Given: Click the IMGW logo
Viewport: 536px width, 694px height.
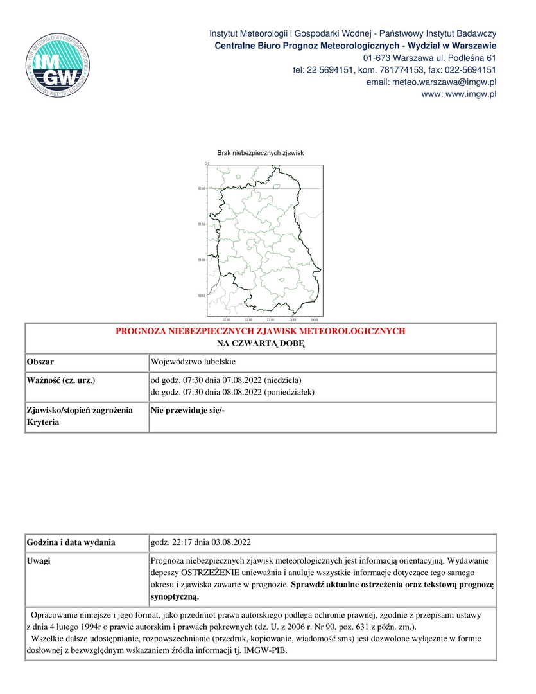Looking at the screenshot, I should pyautogui.click(x=55, y=66).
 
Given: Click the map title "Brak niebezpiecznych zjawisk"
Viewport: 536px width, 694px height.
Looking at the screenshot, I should pyautogui.click(x=260, y=153).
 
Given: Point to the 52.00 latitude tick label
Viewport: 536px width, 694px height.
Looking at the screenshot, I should pyautogui.click(x=202, y=188).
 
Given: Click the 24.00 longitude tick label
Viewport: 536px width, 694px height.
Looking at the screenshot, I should pyautogui.click(x=313, y=319).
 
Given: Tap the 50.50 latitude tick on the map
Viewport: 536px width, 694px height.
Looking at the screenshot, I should pyautogui.click(x=202, y=296).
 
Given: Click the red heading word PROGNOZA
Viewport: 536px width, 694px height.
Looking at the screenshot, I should pyautogui.click(x=142, y=332).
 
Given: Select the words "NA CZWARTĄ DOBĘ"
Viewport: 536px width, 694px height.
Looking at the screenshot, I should pyautogui.click(x=260, y=344).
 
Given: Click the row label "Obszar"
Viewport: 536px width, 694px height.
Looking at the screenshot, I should pyautogui.click(x=40, y=362).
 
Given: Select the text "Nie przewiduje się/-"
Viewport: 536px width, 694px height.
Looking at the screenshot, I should pyautogui.click(x=187, y=409).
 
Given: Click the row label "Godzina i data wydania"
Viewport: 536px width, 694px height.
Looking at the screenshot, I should pyautogui.click(x=71, y=542).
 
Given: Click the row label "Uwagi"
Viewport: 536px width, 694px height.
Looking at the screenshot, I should pyautogui.click(x=39, y=561).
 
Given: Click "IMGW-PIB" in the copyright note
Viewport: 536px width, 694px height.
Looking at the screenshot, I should pyautogui.click(x=269, y=650).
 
